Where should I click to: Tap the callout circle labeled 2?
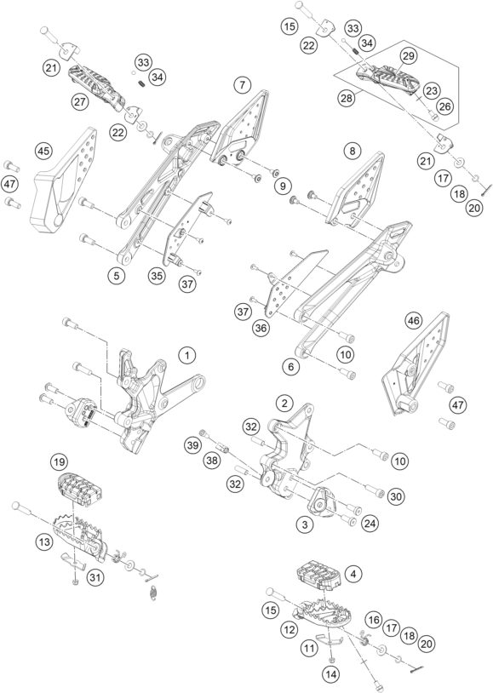pos(285,402)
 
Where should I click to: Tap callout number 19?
pos(58,461)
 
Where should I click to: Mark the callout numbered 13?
pos(43,541)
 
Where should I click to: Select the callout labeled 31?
pos(95,578)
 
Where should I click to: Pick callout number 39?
pos(192,444)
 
